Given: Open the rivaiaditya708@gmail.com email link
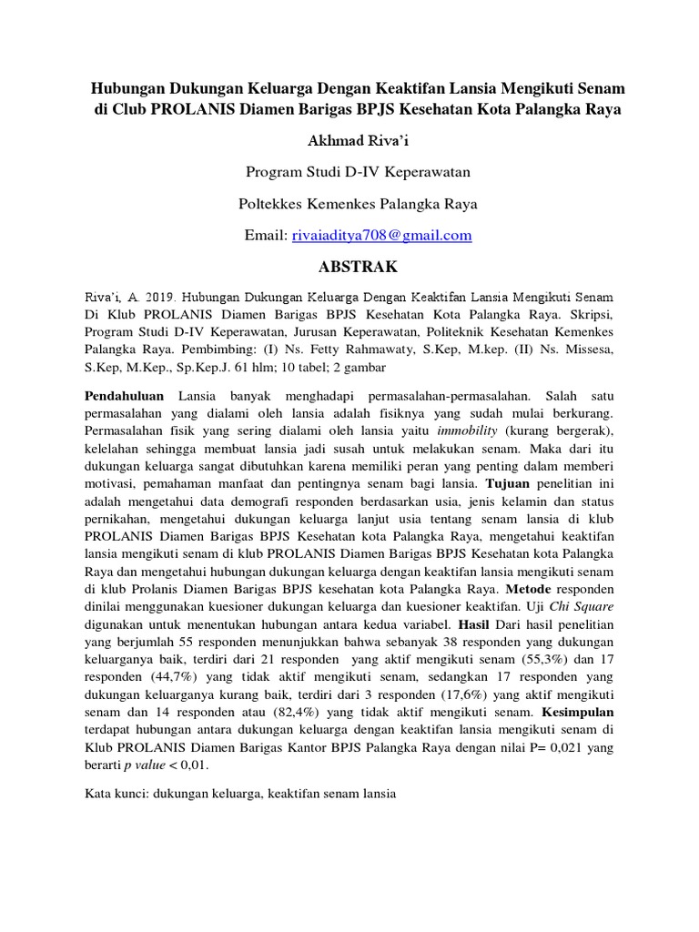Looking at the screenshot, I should [x=382, y=235].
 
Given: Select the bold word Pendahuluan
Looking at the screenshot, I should [x=125, y=398].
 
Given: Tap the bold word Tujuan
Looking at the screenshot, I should [x=507, y=482].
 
